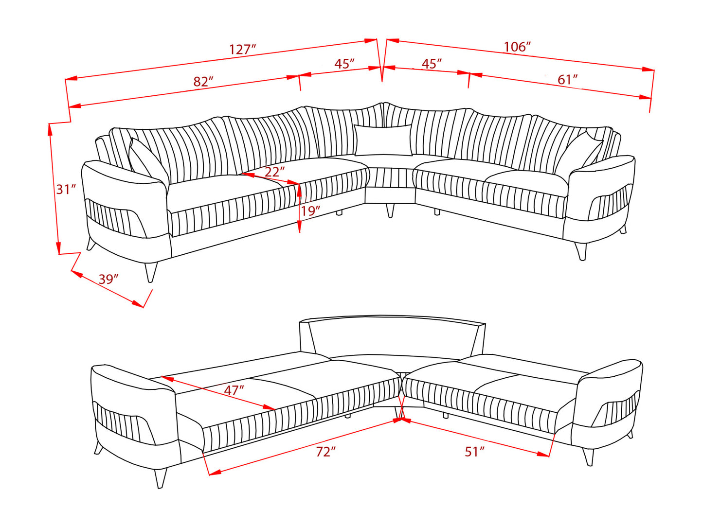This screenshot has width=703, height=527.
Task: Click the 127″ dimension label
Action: (242, 49)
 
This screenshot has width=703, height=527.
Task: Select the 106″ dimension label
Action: (517, 47)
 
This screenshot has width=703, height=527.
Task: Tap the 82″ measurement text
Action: (203, 81)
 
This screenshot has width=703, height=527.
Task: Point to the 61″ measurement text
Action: (567, 79)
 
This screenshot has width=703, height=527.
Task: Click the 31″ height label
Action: (66, 189)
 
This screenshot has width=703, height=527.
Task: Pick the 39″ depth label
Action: (108, 279)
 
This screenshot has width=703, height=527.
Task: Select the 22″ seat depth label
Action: (274, 172)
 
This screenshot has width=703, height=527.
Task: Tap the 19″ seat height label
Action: (310, 211)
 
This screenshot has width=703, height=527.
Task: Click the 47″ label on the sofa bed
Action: (234, 390)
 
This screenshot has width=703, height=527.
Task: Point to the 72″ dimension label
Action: (325, 452)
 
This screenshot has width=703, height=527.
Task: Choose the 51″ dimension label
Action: (474, 452)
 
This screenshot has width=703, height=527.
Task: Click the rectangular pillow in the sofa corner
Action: (383, 140)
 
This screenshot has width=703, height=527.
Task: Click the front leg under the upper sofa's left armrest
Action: (151, 272)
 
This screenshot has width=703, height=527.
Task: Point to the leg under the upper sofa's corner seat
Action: (390, 210)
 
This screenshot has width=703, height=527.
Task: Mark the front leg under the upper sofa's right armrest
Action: (581, 251)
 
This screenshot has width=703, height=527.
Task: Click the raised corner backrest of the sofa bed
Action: (392, 338)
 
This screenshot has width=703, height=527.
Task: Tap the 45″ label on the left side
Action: (344, 64)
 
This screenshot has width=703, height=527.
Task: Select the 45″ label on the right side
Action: (431, 64)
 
